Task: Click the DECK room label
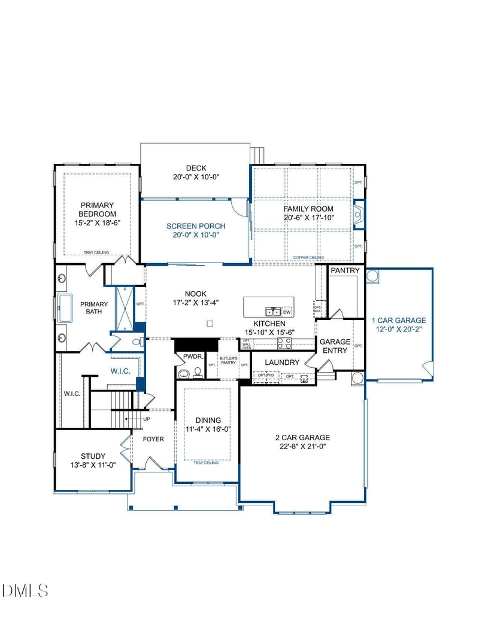coord(196,168)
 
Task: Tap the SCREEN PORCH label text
coord(196,226)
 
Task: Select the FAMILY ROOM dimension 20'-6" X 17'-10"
coord(308,218)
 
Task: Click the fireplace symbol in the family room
coord(359,214)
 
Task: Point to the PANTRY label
coord(345,271)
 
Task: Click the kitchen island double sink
coord(273,312)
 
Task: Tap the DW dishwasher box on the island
coord(287,312)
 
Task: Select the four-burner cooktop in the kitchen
coord(284,343)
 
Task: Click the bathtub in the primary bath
coord(64,307)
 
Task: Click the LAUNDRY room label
coord(282,362)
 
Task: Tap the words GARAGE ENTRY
coord(335,346)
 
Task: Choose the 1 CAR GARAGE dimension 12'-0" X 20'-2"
coord(398,329)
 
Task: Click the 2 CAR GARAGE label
coord(302,438)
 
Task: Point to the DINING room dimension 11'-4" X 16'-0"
coord(208,429)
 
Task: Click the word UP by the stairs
coord(146,419)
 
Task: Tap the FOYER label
coord(153,439)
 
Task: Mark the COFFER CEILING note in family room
coord(308,258)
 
